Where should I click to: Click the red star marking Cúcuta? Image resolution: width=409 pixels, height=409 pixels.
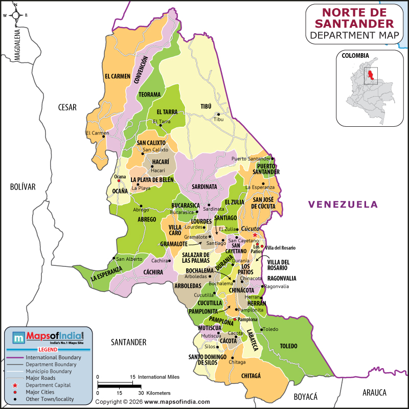pyautogui.click(x=255, y=235)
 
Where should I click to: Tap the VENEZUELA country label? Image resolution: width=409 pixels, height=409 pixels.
pyautogui.click(x=343, y=204)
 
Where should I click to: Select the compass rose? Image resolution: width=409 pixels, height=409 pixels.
pyautogui.click(x=15, y=15)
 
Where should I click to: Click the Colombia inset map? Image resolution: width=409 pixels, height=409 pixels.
pyautogui.click(x=367, y=88)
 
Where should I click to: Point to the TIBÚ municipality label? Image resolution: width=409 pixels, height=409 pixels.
pyautogui.click(x=206, y=106)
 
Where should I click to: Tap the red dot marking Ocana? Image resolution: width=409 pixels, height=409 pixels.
pyautogui.click(x=119, y=180)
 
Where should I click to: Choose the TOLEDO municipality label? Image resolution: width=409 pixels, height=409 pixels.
pyautogui.click(x=288, y=346)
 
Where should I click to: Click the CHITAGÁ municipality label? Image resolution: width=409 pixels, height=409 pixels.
pyautogui.click(x=251, y=375)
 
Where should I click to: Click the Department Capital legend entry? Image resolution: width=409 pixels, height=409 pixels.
pyautogui.click(x=48, y=385)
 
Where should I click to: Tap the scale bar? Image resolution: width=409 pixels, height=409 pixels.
pyautogui.click(x=119, y=385)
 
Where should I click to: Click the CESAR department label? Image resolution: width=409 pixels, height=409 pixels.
pyautogui.click(x=67, y=107)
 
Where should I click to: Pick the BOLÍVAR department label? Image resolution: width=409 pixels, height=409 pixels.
pyautogui.click(x=22, y=187)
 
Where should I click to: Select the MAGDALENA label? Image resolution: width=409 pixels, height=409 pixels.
pyautogui.click(x=17, y=46)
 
